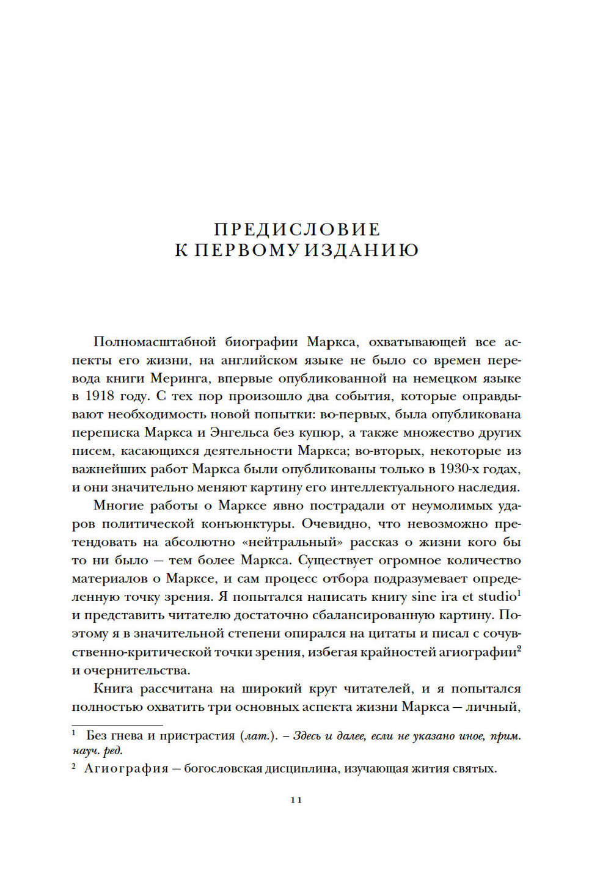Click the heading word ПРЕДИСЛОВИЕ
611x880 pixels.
297,230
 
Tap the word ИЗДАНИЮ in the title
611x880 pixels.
361,250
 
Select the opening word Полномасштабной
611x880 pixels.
155,342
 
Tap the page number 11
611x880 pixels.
296,800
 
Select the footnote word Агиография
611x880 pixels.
126,769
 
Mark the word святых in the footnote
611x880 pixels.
477,769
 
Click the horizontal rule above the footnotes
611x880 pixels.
117,725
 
